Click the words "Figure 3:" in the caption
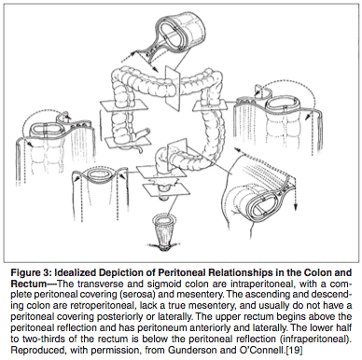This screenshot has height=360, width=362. coord(31,273)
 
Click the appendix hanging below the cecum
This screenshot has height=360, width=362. coord(139,150)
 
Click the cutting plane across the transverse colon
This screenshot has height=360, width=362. coord(174,89)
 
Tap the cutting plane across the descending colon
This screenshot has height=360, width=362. coord(209,106)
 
